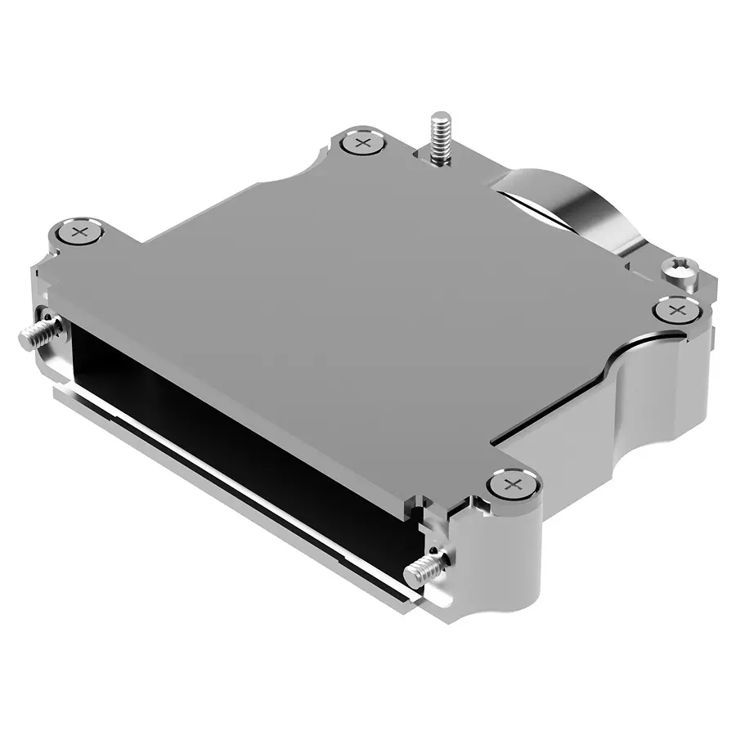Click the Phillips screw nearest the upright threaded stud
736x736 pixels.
pyautogui.click(x=363, y=144)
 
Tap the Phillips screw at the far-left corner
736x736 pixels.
pyautogui.click(x=79, y=232)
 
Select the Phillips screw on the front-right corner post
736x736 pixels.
pyautogui.click(x=513, y=485)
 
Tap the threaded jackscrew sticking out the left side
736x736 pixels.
pyautogui.click(x=30, y=333)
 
